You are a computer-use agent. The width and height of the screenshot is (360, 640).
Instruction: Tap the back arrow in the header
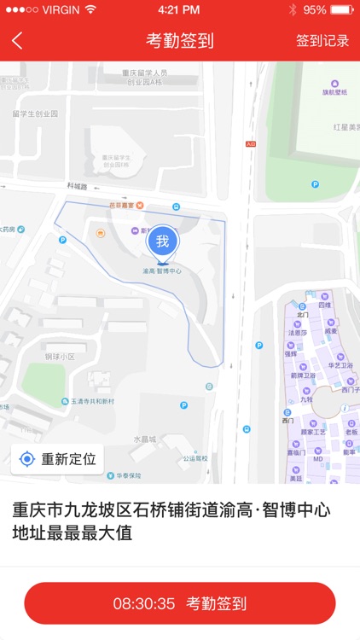click(18, 41)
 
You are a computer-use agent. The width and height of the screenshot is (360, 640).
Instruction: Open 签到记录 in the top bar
click(322, 41)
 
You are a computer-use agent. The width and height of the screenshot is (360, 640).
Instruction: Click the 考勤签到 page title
click(180, 41)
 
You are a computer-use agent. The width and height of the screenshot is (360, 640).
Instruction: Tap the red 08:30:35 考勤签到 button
click(180, 603)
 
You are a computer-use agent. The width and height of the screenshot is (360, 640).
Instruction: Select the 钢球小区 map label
click(61, 356)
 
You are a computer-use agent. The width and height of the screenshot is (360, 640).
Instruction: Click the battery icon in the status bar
click(341, 9)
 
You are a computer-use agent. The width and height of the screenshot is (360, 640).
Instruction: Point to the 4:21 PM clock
click(179, 9)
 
